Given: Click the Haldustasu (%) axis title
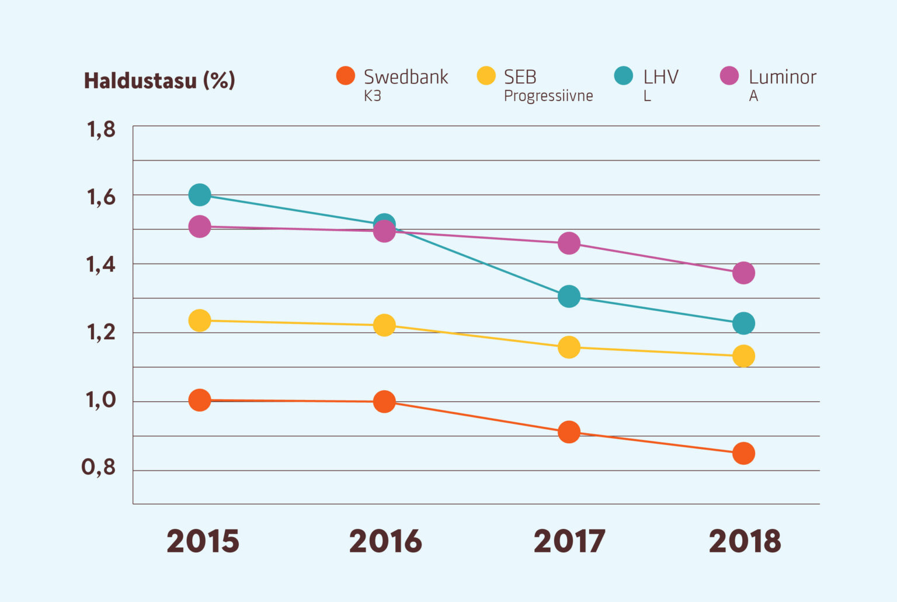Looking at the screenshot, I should (159, 81).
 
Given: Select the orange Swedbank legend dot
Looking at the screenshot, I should (346, 76).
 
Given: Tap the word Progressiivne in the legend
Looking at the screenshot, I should (548, 96).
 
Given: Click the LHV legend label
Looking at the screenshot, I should (660, 77).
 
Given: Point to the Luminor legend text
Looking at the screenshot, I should (782, 77).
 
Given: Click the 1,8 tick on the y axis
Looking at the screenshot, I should (101, 130).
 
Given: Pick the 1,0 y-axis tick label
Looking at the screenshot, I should (101, 401).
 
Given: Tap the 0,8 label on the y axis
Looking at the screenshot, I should (99, 468).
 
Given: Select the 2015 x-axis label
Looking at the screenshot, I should (203, 541).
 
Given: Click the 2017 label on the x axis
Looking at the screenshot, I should (569, 541).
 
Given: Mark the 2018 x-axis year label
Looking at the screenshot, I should (745, 541).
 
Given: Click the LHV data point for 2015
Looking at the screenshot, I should (200, 194).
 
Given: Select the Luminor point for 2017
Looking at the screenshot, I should (569, 243).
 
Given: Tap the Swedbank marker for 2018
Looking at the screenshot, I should (743, 453).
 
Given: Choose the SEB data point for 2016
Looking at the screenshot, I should (384, 325).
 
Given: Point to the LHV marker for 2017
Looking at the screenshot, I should (569, 297).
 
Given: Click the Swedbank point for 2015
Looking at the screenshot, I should (200, 400).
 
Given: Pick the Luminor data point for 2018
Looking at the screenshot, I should (743, 273).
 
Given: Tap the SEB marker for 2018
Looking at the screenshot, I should (743, 356).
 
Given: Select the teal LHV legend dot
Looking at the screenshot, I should (624, 76).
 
